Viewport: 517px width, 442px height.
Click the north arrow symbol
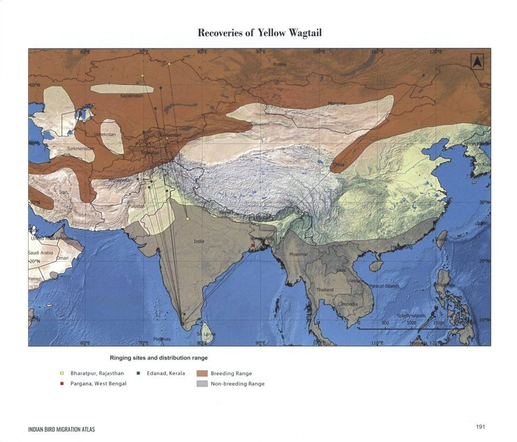477,62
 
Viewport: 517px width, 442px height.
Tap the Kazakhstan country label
131,96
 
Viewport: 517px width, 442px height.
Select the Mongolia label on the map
337,103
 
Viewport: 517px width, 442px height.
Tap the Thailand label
325,290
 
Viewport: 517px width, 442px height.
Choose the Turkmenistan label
81,149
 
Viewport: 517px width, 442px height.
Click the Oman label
62,258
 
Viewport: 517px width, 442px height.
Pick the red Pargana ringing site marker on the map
253,245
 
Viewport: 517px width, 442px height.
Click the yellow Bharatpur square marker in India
187,219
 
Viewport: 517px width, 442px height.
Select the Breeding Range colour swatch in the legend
202,373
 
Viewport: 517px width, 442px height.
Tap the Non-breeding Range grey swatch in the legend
202,384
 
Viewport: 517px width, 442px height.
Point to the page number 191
481,427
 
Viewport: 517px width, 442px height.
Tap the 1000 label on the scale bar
411,322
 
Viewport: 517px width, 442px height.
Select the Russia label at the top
280,64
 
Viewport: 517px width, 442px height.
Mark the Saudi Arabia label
40,252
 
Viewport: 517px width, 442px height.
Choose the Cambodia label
347,304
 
